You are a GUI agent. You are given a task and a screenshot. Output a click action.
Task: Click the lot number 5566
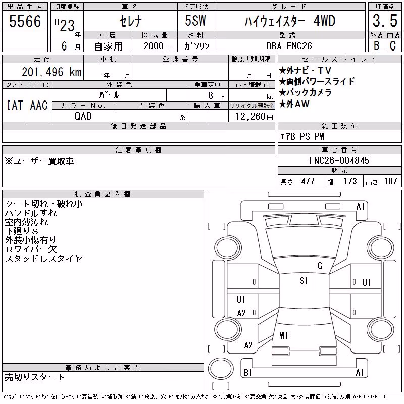coord(25,21)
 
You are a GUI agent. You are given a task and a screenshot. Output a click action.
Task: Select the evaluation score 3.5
coord(385,21)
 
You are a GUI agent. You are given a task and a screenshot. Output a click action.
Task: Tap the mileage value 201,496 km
coord(52,72)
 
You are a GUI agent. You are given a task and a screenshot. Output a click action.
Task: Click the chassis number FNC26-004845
coord(339,160)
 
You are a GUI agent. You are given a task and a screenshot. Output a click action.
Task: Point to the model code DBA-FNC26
coord(289,46)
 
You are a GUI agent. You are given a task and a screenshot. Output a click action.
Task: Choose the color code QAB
coord(83,116)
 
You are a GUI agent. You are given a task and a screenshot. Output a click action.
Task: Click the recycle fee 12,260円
coord(255,117)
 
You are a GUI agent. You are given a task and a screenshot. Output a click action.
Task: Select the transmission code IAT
coord(15,105)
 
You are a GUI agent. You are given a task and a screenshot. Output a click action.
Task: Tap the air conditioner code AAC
coord(39,105)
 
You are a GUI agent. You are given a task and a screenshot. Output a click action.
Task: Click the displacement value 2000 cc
coord(159,46)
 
